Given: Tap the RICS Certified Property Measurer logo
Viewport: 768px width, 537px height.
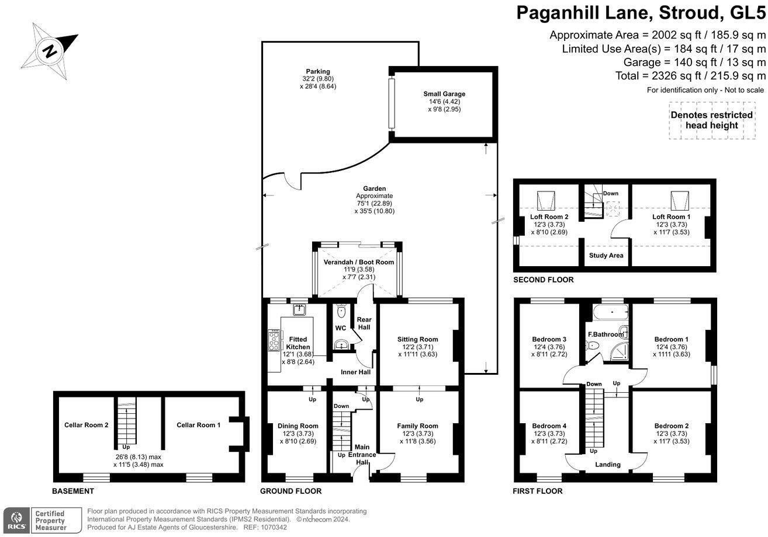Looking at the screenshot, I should [43, 519].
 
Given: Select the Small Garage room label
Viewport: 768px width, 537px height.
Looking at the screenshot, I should [444, 94].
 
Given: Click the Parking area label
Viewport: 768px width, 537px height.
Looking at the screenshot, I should [318, 72].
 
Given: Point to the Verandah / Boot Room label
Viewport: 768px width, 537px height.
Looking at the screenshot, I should [359, 262].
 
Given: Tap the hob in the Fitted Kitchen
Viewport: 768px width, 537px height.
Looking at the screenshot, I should [274, 340].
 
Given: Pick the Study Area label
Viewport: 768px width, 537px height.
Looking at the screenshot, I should [606, 255].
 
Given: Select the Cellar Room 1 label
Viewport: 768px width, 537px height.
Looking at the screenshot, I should [199, 425].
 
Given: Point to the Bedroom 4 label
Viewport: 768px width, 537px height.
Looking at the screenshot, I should [549, 426].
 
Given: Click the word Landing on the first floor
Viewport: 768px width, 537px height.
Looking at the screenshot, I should [608, 465].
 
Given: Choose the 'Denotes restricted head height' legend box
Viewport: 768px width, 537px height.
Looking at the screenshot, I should [711, 120].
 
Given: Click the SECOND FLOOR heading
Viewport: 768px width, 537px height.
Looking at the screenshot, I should [543, 280].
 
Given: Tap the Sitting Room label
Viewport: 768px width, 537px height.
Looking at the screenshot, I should [417, 339].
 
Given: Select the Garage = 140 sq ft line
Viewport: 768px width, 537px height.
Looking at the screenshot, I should [694, 62].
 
